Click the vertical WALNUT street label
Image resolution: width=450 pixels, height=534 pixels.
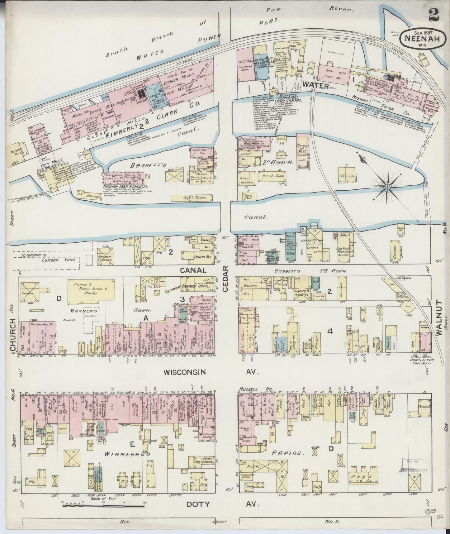(439, 317)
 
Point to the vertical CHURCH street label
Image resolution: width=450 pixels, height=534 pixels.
(13, 336)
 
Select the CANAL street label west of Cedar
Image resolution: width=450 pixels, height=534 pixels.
(197, 270)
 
